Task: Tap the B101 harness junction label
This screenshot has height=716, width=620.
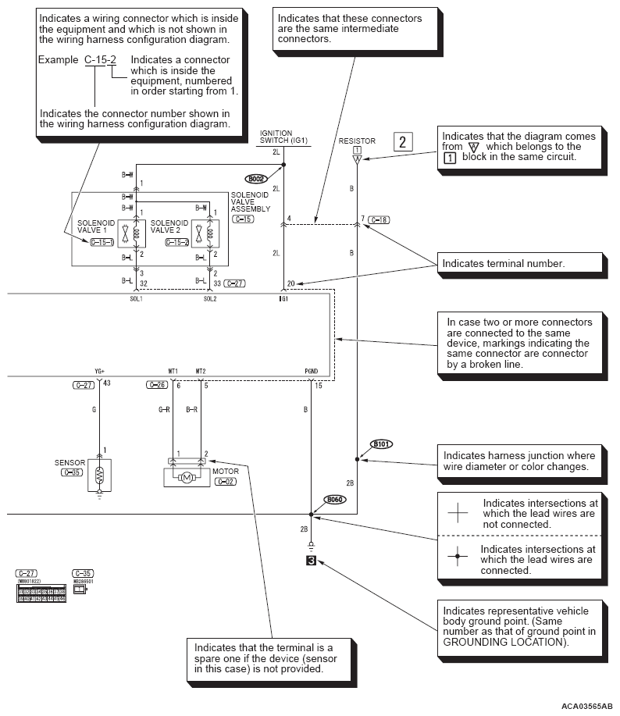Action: (381, 443)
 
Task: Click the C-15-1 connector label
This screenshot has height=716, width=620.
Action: (102, 243)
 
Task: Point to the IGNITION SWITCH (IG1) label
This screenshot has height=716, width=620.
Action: (276, 137)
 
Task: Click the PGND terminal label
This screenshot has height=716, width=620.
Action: (311, 371)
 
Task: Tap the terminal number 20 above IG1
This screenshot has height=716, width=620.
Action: (290, 283)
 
